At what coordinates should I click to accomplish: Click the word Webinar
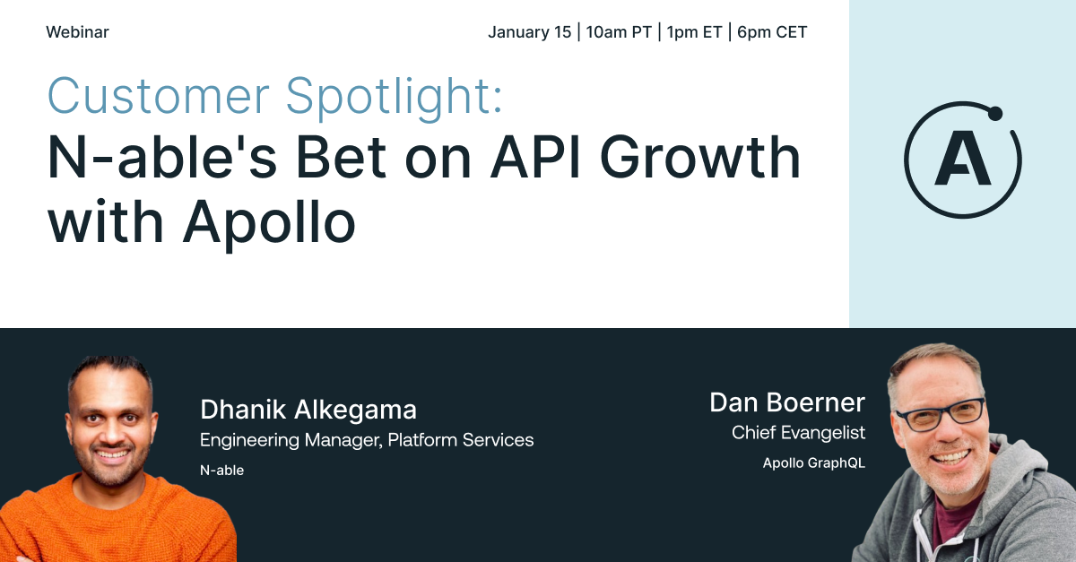click(77, 32)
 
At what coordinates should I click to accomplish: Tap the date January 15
click(529, 32)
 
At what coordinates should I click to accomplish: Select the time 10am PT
click(618, 32)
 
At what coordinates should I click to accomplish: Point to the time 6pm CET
click(772, 32)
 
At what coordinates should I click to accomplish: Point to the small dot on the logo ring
click(994, 113)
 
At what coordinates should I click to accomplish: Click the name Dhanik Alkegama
click(308, 411)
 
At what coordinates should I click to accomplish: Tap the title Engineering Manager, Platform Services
click(366, 440)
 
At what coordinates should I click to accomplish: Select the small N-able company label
click(221, 470)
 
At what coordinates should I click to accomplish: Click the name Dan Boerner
click(787, 402)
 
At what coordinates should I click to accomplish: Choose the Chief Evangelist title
click(798, 433)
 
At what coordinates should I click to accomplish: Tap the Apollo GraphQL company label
click(813, 463)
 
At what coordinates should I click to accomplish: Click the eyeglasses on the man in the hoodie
click(939, 414)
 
